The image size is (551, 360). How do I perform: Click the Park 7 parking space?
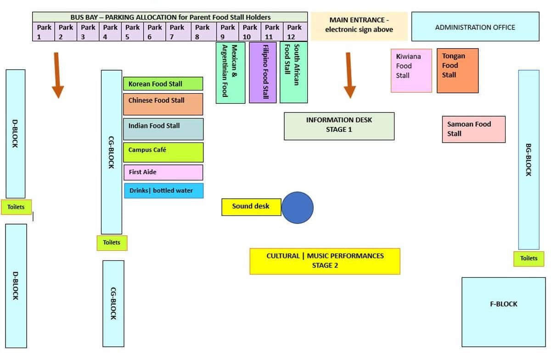point(177,32)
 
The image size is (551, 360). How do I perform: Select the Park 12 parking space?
point(294,32)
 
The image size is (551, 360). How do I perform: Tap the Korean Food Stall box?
point(163,84)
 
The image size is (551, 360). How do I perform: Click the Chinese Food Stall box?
point(163,104)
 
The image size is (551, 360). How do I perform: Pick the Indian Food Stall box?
point(163,129)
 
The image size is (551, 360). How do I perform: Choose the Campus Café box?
point(163,152)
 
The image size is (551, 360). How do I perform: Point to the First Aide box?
point(163,172)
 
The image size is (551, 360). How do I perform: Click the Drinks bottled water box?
point(163,191)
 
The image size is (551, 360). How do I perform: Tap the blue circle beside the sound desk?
point(297,208)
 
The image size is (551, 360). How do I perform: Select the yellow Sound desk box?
point(251,207)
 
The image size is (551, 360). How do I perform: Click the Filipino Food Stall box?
point(263,72)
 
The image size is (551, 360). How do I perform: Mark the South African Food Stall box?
point(293,72)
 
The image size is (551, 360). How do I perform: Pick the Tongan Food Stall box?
point(457,71)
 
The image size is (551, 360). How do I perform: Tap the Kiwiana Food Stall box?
point(411,71)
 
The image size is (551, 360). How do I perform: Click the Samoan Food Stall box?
point(473,129)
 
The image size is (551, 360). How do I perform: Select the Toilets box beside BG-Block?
point(529,259)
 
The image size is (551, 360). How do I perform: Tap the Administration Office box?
point(475,27)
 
